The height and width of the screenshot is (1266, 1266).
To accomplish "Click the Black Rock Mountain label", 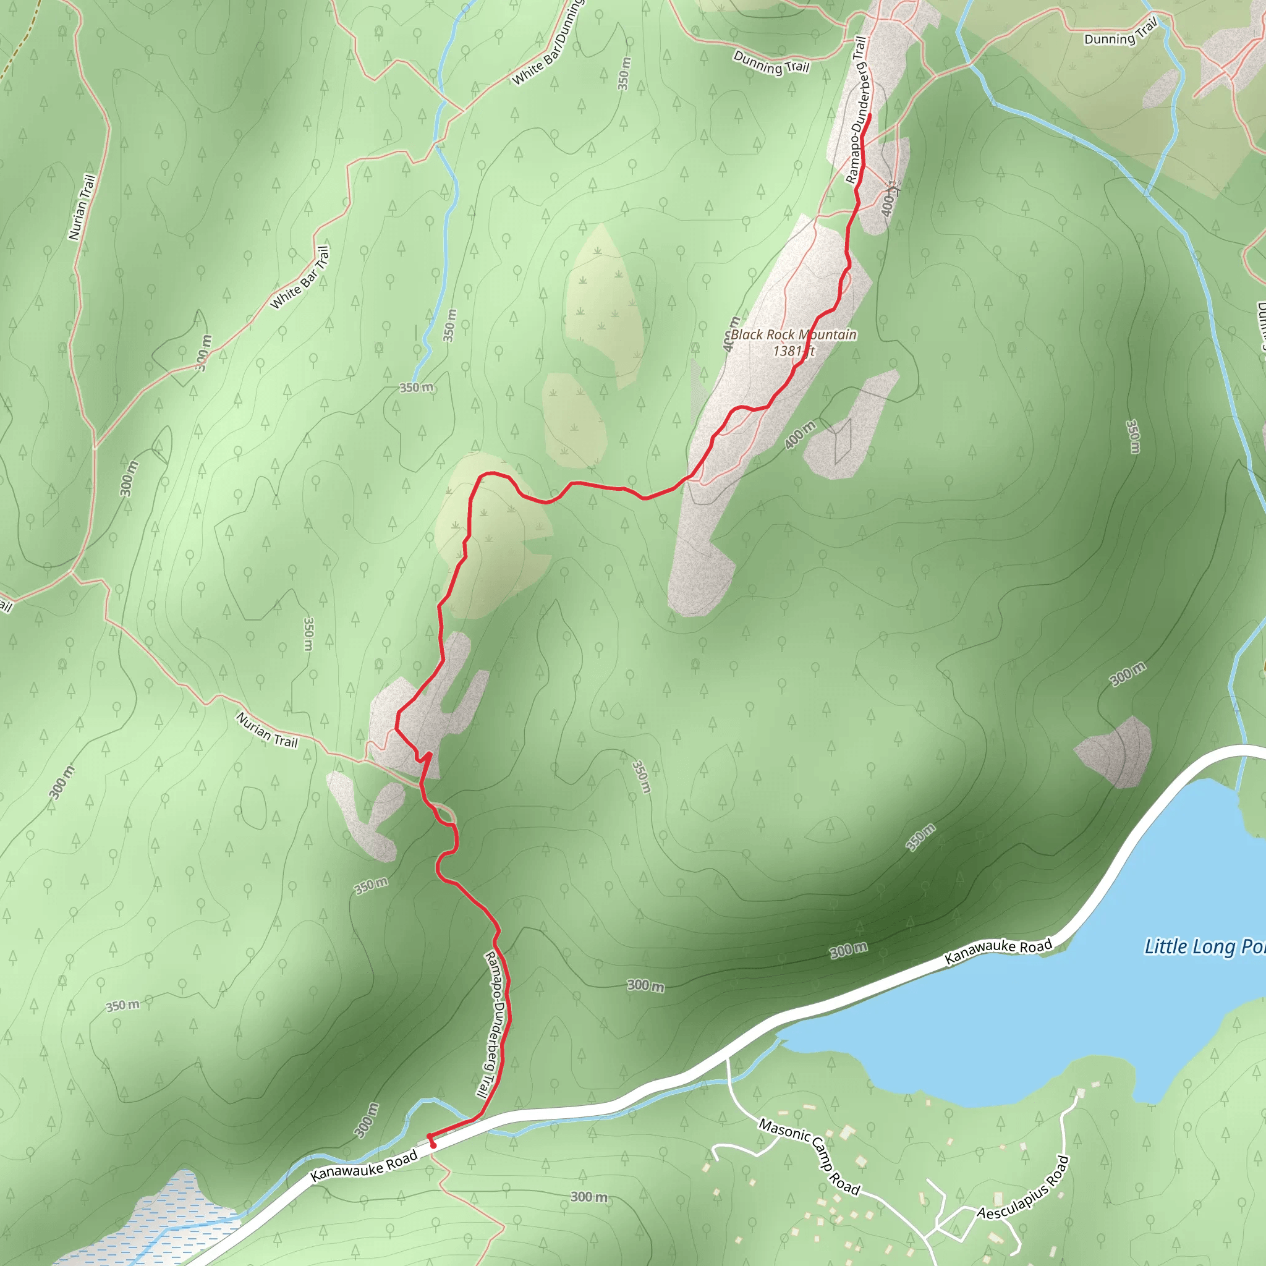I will (793, 335).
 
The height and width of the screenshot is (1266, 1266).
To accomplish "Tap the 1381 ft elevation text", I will (793, 351).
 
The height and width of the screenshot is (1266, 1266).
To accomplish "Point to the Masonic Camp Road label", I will (809, 1155).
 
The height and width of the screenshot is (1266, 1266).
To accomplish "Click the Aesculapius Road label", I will (1023, 1188).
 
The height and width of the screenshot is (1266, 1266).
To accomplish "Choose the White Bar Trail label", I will (299, 278).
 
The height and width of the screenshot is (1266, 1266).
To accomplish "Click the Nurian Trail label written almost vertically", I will (82, 207).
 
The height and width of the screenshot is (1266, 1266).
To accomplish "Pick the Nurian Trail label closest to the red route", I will (266, 730).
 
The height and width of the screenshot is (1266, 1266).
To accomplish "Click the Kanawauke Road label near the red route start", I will (363, 1166).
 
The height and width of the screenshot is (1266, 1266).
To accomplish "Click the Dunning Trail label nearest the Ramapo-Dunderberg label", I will (771, 63).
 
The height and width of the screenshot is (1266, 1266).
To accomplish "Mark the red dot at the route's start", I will (433, 1145).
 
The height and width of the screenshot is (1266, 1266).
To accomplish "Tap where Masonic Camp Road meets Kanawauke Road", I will (728, 1059).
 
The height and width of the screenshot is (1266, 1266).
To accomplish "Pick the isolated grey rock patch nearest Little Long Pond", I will (1115, 752).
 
